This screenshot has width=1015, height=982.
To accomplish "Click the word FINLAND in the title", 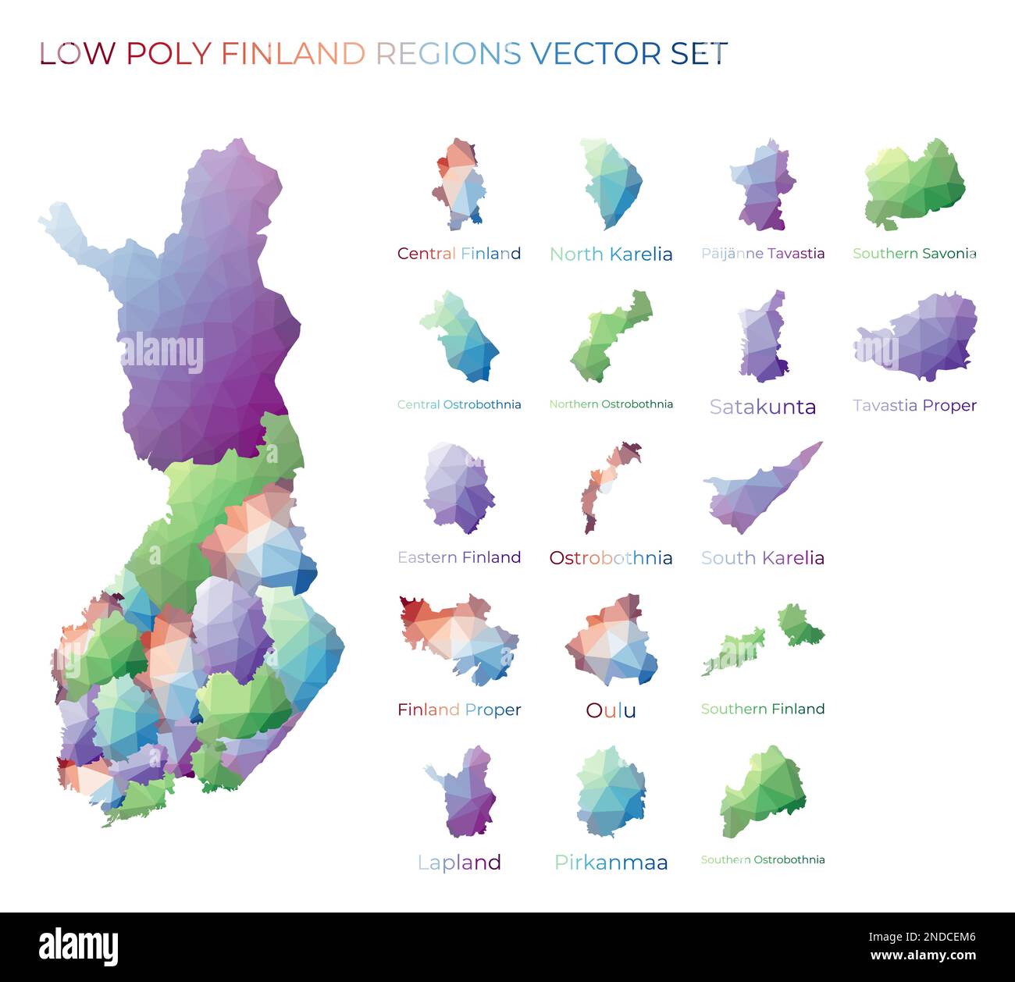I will (293, 53).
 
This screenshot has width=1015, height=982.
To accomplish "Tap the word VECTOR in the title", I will (596, 53).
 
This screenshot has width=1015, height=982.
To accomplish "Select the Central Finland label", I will (459, 253).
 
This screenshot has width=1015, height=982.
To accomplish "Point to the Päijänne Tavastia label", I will (763, 253).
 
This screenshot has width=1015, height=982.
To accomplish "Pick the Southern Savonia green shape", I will (916, 185).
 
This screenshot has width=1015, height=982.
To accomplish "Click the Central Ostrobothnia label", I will (459, 404).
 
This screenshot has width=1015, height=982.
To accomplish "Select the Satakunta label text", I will (763, 406).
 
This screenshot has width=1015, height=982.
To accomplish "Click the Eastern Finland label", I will (459, 557).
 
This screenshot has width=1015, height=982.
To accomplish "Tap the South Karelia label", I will (763, 557).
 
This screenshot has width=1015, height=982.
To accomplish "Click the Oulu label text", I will (611, 710).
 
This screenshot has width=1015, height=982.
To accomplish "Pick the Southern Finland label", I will (763, 709).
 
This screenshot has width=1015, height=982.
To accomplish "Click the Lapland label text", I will (459, 862).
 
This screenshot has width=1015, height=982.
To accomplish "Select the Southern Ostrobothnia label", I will (763, 859).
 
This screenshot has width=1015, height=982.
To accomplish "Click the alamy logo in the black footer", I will (78, 947).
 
